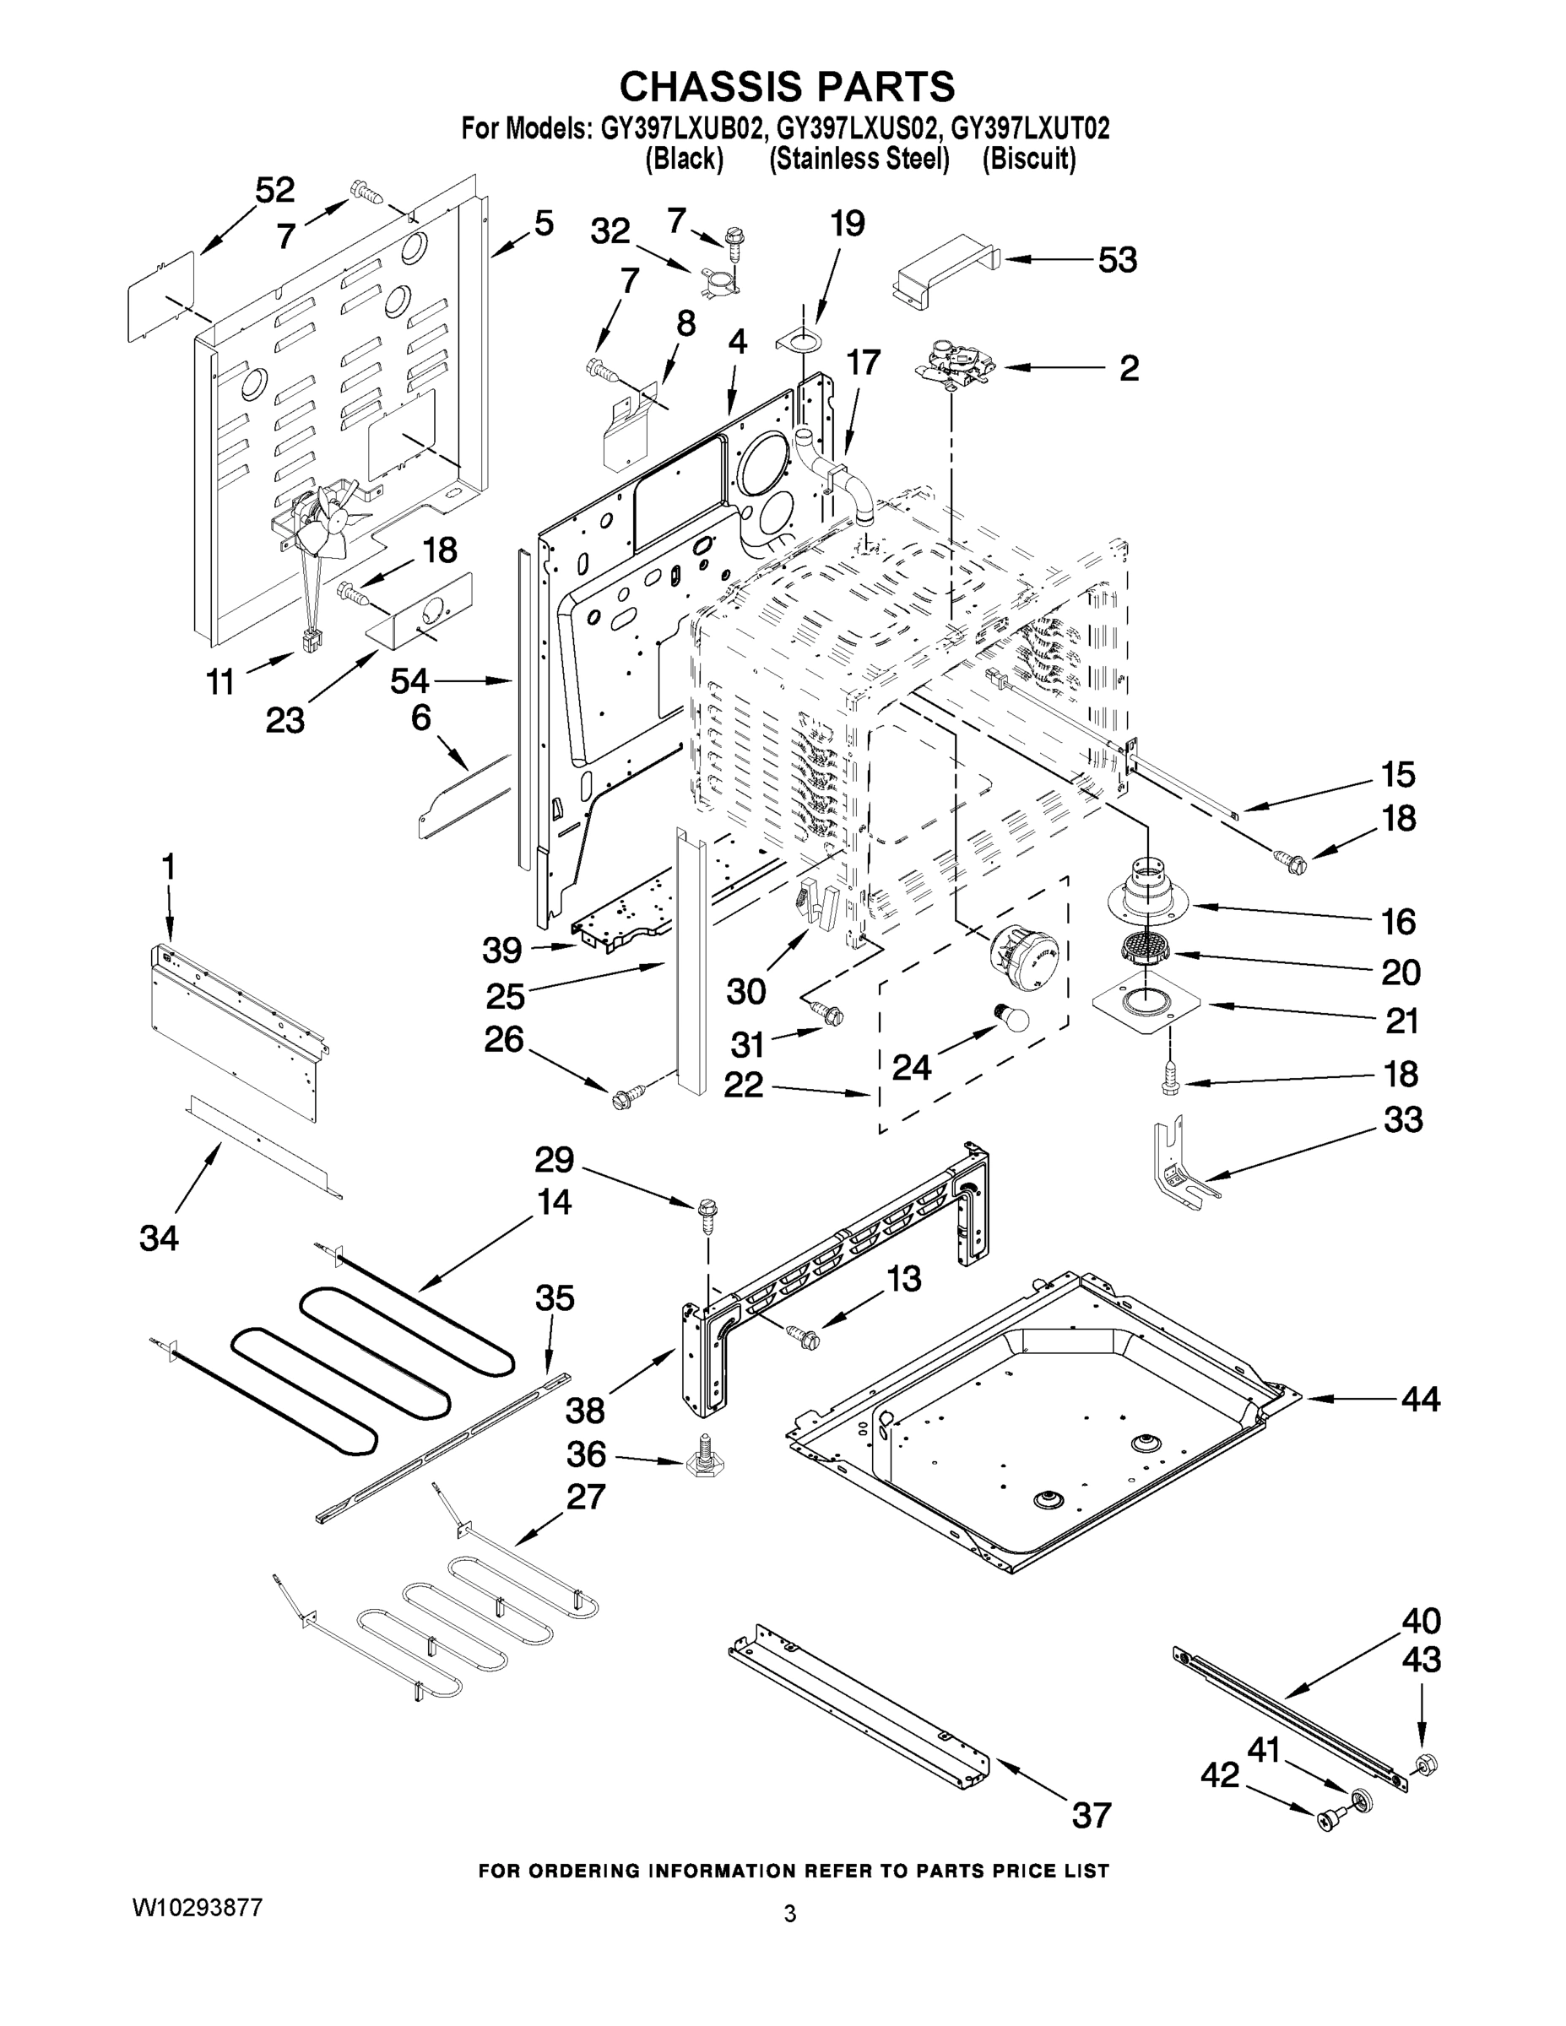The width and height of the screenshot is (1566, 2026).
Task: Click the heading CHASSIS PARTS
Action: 786,86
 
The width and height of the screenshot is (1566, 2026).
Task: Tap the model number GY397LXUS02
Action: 859,128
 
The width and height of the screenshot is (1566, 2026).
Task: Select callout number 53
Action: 1117,261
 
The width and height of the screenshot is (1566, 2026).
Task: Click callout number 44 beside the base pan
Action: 1419,1399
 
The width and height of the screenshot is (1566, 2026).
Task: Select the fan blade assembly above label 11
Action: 320,525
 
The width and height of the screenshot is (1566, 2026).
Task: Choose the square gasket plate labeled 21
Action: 1146,1003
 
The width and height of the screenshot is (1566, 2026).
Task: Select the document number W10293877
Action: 197,1908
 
